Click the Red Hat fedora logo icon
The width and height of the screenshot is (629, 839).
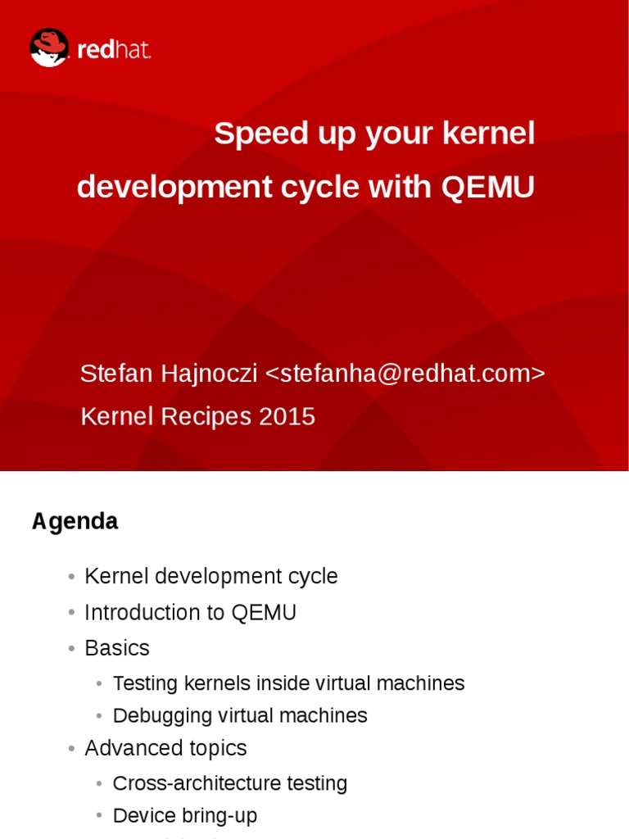point(49,48)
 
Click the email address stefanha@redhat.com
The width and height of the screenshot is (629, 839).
point(405,374)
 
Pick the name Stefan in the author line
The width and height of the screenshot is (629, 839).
point(114,374)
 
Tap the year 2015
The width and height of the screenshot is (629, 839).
point(287,417)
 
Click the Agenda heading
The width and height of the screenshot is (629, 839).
point(75,521)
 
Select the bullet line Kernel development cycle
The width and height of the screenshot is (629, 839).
point(210,577)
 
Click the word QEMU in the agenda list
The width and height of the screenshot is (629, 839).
point(264,613)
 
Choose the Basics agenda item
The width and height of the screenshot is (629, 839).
point(117,648)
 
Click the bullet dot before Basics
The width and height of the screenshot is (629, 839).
point(73,649)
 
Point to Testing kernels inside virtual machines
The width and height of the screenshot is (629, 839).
point(288,683)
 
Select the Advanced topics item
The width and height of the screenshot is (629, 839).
point(165,748)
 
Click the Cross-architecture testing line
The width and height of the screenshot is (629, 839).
point(229,783)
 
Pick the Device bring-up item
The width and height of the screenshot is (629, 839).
point(185,816)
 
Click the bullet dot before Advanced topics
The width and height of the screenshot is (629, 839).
point(73,749)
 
